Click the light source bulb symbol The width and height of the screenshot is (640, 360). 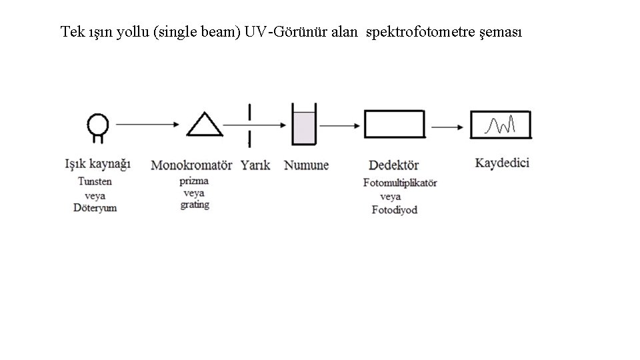[98, 125]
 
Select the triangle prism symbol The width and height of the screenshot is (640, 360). [205, 125]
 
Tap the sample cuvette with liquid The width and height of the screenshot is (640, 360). [304, 127]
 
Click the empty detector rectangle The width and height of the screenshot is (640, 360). [394, 124]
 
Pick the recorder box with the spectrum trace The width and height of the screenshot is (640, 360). [501, 125]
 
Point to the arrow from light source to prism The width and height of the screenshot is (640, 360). [148, 124]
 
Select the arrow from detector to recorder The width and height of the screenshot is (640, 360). [447, 125]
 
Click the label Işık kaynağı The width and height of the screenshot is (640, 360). [97, 163]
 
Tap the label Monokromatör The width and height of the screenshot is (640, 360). [191, 165]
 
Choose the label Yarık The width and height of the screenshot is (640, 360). [255, 165]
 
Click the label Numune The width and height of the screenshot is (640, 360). [307, 165]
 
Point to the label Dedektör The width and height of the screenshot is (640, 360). [393, 165]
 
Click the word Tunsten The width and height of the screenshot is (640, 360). [95, 181]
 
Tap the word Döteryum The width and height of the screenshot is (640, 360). [95, 208]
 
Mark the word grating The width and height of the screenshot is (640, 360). [194, 205]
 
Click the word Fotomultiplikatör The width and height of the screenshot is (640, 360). [400, 183]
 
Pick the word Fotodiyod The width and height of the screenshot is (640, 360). [394, 210]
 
